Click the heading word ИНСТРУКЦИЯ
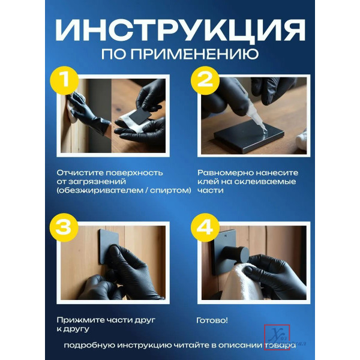(x=180, y=31)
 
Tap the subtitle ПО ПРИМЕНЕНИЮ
(x=180, y=55)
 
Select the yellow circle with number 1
(x=65, y=80)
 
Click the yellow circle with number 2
(x=205, y=80)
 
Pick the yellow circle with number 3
(x=64, y=227)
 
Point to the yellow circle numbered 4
(x=205, y=227)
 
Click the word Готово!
(x=212, y=320)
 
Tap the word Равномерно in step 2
(x=226, y=173)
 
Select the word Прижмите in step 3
(x=80, y=320)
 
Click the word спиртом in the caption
(x=169, y=190)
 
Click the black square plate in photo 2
(x=249, y=136)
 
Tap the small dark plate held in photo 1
(x=140, y=115)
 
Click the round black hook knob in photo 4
(x=237, y=254)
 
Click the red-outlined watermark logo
(x=277, y=337)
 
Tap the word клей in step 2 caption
(x=208, y=182)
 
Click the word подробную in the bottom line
(x=89, y=346)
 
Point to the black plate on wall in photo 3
(x=109, y=246)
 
